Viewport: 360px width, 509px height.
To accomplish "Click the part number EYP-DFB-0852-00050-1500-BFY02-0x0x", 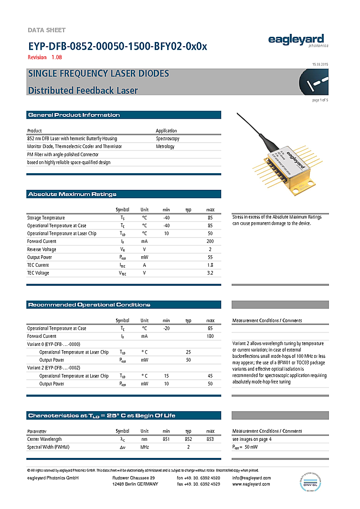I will click(x=117, y=47).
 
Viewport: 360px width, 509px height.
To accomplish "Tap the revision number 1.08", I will click(x=57, y=57).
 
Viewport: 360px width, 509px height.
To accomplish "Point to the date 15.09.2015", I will click(x=320, y=64).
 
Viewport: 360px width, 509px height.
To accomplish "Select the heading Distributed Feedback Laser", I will click(x=83, y=90).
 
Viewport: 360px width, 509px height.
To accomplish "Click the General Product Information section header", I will click(x=74, y=115).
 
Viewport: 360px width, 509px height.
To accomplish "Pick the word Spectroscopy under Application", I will click(x=168, y=138).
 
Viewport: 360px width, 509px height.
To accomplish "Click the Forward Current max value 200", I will click(x=210, y=241).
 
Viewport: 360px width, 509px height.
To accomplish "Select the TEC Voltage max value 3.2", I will click(x=210, y=273).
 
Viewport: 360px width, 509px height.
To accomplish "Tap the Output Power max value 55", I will click(x=210, y=257).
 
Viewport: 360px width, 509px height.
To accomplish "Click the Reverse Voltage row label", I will click(x=42, y=249).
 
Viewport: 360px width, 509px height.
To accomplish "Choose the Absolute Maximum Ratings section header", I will click(x=72, y=194).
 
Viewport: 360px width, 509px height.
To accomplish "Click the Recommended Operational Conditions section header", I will click(x=89, y=305).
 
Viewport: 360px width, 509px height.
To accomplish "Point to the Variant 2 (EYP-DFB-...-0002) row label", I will click(x=53, y=368).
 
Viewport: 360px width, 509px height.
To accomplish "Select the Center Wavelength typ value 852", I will click(x=189, y=439).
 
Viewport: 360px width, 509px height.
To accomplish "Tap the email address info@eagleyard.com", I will click(x=252, y=478).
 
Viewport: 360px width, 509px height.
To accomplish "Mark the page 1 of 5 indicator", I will click(x=320, y=100).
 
